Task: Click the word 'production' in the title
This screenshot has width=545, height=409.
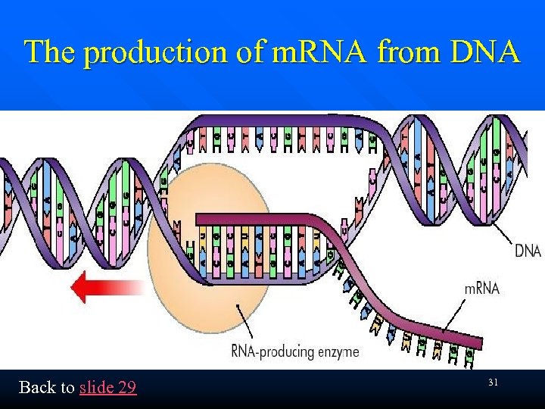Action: (142, 52)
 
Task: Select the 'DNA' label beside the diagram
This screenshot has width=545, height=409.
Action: (528, 251)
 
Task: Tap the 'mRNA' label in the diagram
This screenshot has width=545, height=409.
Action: (481, 289)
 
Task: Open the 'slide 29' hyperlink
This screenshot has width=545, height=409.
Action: (107, 388)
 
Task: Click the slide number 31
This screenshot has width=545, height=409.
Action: (493, 383)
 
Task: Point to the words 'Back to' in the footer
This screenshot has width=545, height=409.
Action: (46, 388)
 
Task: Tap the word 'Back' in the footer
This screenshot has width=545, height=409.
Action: (36, 388)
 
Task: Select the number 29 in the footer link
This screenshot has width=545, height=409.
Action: (127, 388)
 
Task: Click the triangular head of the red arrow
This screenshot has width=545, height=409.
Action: (79, 289)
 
